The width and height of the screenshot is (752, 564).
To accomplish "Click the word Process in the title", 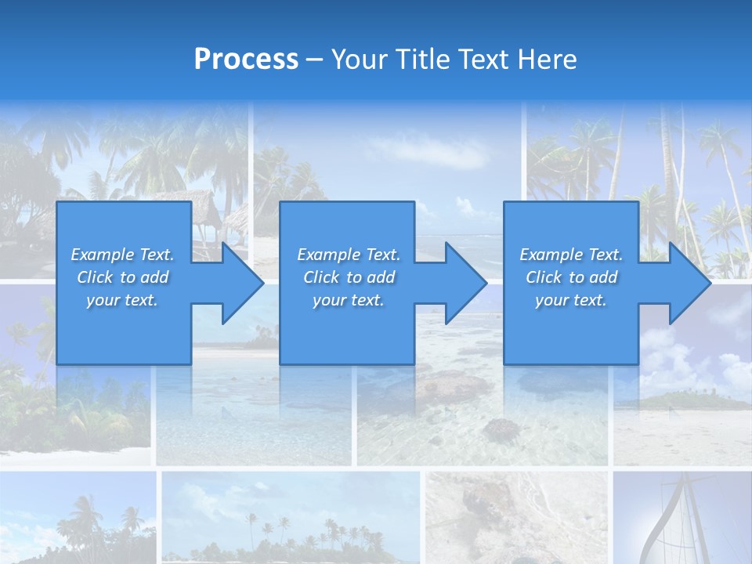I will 246,60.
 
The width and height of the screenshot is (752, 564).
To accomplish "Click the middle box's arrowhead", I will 466,283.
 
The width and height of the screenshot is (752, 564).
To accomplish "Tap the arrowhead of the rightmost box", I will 689,283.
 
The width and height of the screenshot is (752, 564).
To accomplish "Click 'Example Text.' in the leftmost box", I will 122,255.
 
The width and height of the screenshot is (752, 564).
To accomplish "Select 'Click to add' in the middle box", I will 349,277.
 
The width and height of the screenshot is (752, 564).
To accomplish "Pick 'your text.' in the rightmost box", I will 570,300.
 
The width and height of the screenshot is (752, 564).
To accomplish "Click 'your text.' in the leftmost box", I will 122,300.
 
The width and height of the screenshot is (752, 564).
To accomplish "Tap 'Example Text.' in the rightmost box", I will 570,255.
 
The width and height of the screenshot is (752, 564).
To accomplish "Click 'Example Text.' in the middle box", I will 349,255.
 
